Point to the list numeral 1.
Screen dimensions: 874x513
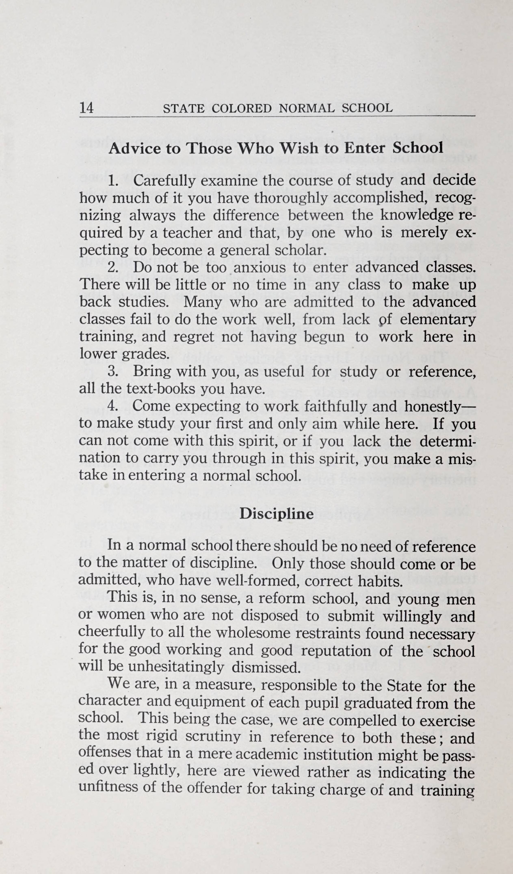point(112,181)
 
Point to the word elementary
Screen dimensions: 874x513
point(438,319)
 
